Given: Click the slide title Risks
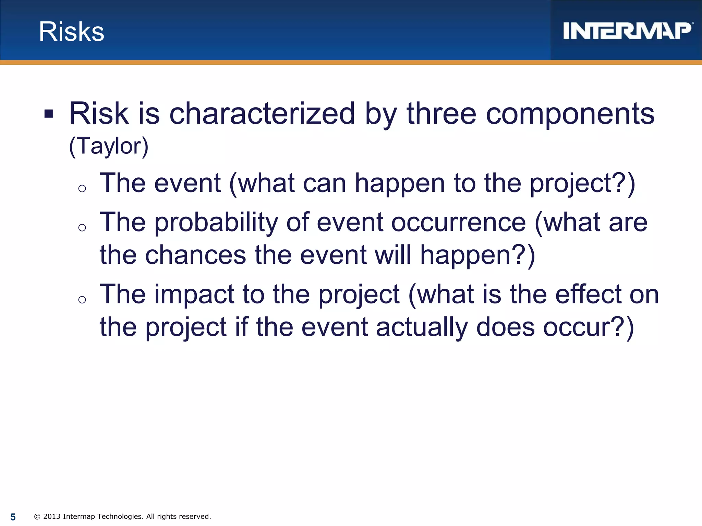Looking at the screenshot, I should [x=71, y=32].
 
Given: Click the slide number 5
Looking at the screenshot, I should [x=13, y=517].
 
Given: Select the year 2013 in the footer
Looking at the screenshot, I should [x=52, y=516].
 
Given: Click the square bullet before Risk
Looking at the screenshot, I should [x=49, y=114].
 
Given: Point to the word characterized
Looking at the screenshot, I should [x=262, y=114].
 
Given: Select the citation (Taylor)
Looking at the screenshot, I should [x=109, y=147].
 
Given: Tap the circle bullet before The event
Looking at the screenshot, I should [x=82, y=188].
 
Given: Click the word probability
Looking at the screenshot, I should [x=216, y=223].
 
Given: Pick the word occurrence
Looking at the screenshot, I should [x=458, y=223].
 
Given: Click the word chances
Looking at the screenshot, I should [x=195, y=255].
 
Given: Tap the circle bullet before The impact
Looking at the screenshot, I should [x=82, y=300].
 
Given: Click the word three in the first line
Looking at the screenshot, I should [x=441, y=114].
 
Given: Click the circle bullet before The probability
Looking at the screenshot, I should [x=82, y=228].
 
